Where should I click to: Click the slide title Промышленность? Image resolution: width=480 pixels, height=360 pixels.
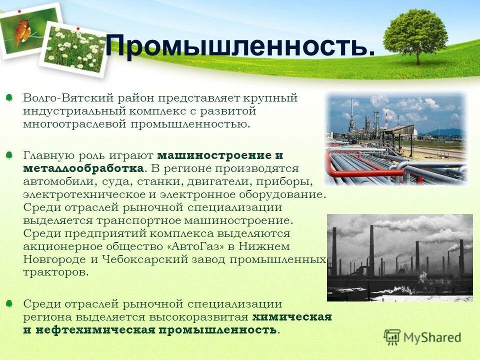pos(240,46)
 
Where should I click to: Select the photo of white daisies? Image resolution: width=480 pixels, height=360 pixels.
pos(76,50)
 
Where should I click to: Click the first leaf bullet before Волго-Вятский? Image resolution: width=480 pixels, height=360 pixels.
pos(9,98)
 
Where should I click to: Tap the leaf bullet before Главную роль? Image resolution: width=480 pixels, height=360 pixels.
pos(9,156)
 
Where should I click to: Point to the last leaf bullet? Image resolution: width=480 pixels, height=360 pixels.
pos(9,304)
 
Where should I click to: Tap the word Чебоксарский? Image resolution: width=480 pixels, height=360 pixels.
pos(144,259)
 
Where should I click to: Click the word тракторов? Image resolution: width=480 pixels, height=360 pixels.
pos(55,272)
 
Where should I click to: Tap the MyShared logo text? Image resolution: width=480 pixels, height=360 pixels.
pos(432,337)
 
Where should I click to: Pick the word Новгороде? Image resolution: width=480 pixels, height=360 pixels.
pos(47,259)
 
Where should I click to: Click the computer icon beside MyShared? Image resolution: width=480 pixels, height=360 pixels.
pos(392,337)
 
